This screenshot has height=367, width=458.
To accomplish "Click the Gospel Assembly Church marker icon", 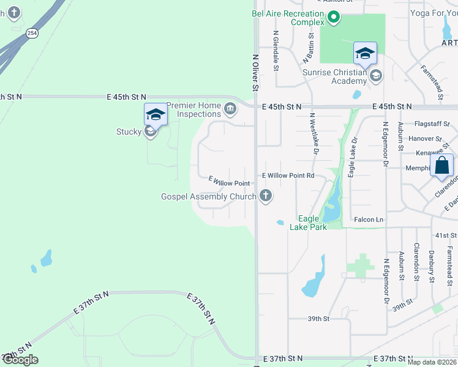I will click(265, 196).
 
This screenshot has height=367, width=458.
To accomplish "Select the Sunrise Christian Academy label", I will click(334, 76).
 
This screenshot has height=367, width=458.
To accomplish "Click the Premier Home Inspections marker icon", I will click(230, 110).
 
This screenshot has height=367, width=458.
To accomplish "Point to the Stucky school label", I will click(129, 132).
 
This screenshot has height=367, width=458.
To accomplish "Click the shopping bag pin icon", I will click(441, 165).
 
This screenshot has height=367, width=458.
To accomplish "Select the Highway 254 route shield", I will click(32, 33).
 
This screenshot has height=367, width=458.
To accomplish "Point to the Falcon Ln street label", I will click(368, 220).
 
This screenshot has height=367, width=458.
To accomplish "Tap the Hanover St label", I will click(427, 139).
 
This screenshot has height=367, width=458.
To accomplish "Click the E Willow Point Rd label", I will click(288, 176).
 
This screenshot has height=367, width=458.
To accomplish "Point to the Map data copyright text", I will click(432, 362).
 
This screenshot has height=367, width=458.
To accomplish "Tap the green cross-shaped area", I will click(360, 267).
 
